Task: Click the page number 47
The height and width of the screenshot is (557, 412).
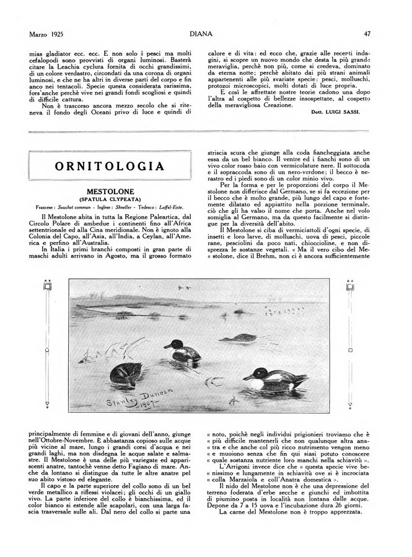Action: pyautogui.click(x=367, y=34)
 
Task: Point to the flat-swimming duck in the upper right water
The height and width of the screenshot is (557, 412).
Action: pyautogui.click(x=238, y=338)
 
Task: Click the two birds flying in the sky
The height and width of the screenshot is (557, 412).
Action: pyautogui.click(x=184, y=288)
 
